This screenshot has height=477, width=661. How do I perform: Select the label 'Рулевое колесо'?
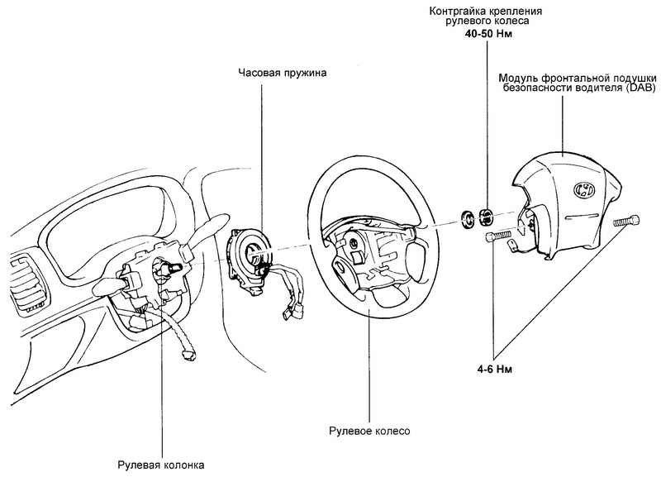coord(369,431)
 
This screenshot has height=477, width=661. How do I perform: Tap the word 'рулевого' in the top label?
coord(460,24)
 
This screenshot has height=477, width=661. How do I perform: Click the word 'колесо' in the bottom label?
coord(393,431)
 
